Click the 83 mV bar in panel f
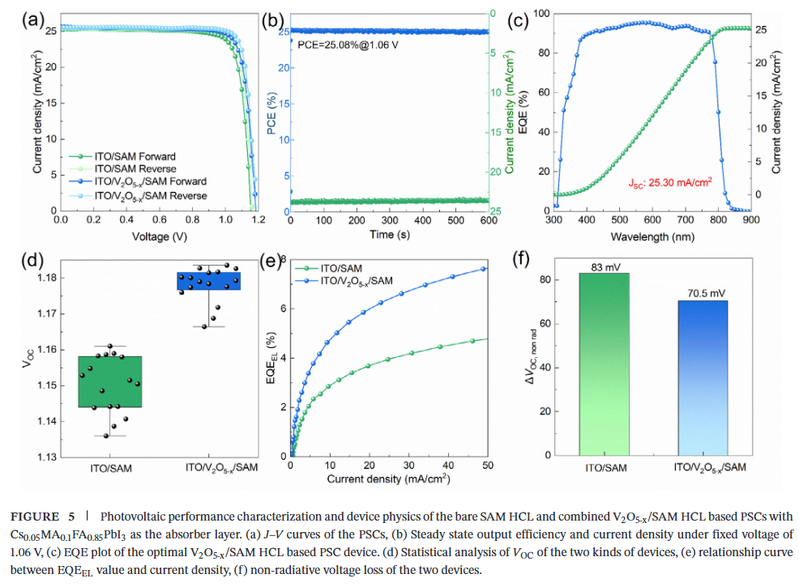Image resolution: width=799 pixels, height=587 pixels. [x=604, y=364]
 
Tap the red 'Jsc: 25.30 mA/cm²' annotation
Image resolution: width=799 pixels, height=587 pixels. [x=670, y=183]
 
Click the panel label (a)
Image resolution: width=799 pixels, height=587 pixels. [x=34, y=20]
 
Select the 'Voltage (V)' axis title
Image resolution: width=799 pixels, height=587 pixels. [x=158, y=236]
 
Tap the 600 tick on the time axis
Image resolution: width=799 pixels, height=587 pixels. [x=486, y=220]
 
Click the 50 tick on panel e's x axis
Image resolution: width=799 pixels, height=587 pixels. [x=486, y=466]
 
